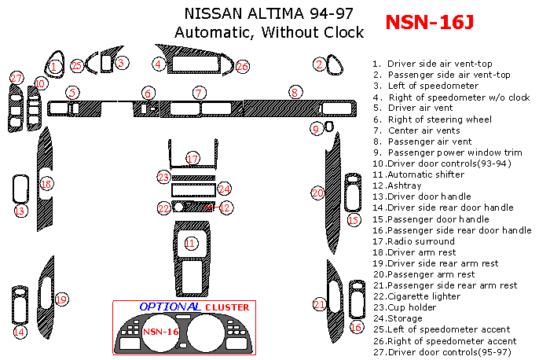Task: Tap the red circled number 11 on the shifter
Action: tap(189, 244)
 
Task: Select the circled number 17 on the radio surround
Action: tap(192, 160)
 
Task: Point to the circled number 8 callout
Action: tap(295, 92)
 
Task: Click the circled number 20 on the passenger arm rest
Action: tap(317, 193)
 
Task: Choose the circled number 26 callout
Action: tap(242, 67)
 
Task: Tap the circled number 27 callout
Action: tap(16, 78)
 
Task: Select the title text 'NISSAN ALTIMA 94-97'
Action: tap(268, 13)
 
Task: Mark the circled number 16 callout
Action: tap(357, 327)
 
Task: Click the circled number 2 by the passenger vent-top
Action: tap(319, 64)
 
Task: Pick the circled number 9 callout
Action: tap(317, 129)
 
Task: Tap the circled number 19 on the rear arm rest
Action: tap(61, 299)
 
